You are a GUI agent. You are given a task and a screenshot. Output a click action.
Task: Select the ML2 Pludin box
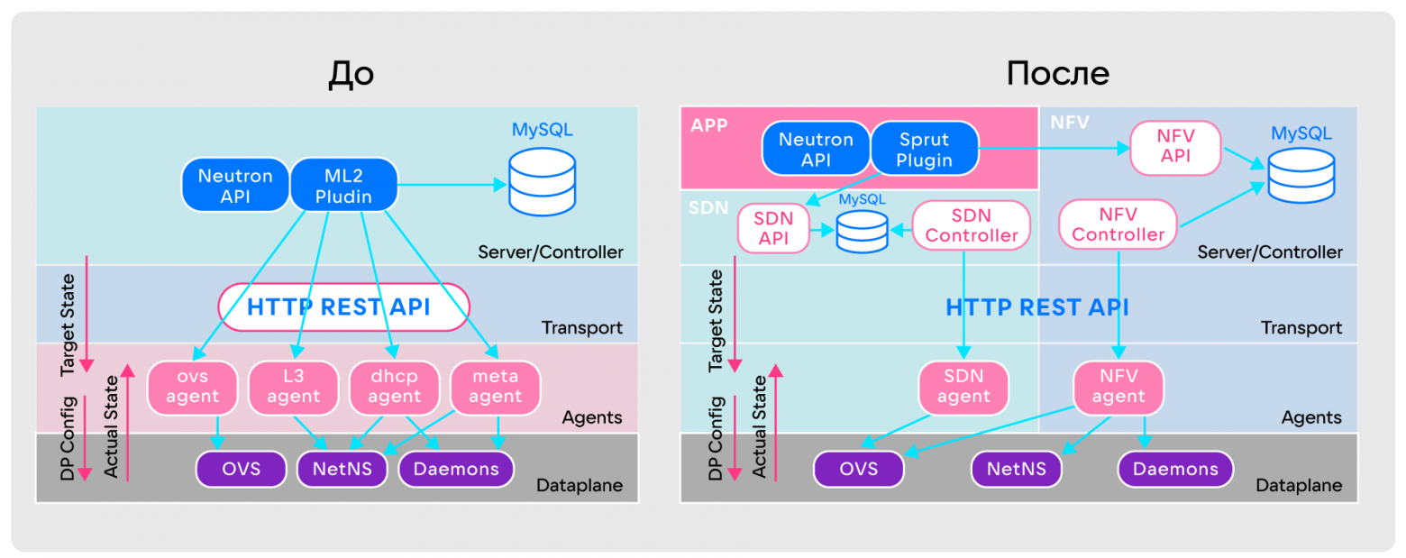coord(343,184)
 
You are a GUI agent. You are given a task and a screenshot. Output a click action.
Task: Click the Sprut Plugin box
coord(925,150)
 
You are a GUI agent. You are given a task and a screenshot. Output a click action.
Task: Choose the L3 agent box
coord(293,387)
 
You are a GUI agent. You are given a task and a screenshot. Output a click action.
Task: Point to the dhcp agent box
coord(393,387)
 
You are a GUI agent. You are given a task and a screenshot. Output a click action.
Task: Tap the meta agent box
coord(495,387)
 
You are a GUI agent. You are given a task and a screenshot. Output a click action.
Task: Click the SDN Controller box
coord(971,225)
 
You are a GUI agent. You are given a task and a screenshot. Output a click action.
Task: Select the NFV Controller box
coord(1117,224)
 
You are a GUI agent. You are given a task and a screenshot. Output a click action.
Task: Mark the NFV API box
coord(1175,149)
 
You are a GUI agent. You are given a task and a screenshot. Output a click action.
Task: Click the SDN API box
coord(772,228)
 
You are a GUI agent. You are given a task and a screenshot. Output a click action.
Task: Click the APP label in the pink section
coord(708,124)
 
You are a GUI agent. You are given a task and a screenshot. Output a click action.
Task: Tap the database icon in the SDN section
coord(862,231)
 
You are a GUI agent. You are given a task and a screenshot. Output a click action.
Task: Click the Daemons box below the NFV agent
coord(1175,469)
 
